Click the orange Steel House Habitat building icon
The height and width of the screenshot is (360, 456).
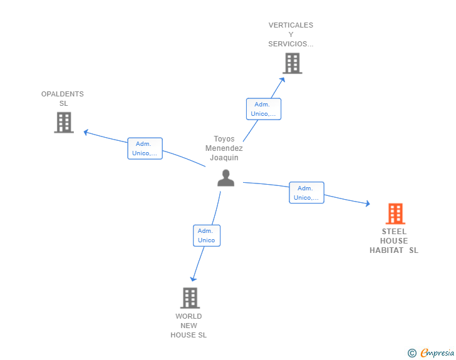[395, 213]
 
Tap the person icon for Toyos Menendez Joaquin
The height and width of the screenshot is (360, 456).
[225, 178]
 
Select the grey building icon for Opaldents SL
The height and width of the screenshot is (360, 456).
[64, 123]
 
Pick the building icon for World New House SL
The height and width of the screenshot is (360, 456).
[190, 298]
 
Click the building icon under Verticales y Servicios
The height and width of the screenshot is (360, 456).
[293, 63]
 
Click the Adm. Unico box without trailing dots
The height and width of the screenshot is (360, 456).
[207, 235]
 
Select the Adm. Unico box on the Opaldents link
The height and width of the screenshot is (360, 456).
[145, 148]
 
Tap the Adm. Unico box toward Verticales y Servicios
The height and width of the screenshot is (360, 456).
[264, 109]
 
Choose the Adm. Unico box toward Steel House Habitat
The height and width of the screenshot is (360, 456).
[306, 192]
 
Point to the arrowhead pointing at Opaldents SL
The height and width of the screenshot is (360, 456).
[85, 132]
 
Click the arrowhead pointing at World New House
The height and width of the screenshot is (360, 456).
[193, 279]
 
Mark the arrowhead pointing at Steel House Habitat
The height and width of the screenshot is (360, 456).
[368, 203]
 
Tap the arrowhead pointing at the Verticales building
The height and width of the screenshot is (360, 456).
[282, 80]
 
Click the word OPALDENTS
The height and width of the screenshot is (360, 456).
[63, 94]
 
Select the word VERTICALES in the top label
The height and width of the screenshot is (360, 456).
[291, 25]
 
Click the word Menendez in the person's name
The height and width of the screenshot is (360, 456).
[224, 148]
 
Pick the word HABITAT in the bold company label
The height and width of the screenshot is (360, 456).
[386, 250]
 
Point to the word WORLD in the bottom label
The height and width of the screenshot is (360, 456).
[189, 316]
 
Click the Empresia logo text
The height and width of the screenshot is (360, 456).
[437, 352]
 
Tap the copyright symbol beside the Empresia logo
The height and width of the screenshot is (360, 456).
[412, 353]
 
